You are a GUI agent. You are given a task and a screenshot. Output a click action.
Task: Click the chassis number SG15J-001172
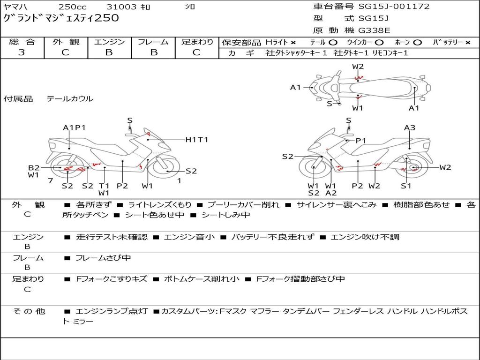click(394, 6)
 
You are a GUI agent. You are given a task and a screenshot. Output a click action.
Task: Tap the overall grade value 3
click(22, 52)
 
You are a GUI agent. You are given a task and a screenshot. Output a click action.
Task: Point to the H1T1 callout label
click(197, 140)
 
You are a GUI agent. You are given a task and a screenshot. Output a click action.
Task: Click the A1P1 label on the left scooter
click(74, 127)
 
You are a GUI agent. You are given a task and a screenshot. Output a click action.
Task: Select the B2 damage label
click(34, 168)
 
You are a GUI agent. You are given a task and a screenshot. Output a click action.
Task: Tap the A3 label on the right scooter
click(410, 127)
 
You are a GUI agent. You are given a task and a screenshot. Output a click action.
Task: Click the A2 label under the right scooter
click(331, 193)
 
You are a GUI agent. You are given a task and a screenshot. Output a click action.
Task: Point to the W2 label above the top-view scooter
click(358, 67)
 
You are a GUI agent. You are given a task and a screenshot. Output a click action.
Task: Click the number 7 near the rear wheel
click(51, 181)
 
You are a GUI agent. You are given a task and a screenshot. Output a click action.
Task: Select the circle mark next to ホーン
click(418, 43)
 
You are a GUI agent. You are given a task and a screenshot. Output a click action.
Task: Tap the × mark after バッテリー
click(468, 43)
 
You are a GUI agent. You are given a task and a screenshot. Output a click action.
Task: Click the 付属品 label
click(18, 98)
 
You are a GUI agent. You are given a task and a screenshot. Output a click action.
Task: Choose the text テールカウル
click(70, 98)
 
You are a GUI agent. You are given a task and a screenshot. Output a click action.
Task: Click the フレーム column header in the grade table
click(153, 42)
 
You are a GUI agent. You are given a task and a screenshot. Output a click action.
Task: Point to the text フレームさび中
click(103, 258)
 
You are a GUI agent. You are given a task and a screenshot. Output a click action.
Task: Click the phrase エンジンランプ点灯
click(112, 312)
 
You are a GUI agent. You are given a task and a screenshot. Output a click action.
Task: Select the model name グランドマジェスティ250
click(61, 18)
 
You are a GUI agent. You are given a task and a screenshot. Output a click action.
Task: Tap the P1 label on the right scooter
click(361, 141)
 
